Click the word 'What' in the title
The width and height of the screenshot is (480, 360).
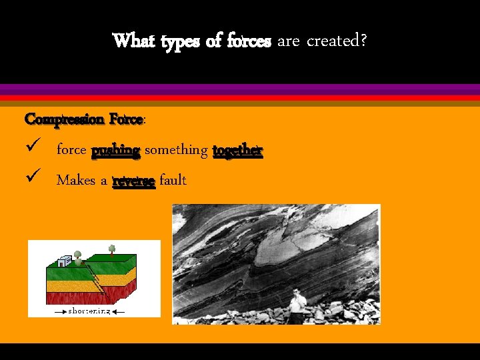click(x=133, y=41)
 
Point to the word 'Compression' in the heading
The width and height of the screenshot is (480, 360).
click(x=64, y=120)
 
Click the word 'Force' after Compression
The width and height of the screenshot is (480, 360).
click(x=125, y=119)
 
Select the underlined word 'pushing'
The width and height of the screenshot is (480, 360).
click(x=115, y=150)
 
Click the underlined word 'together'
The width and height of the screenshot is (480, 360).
click(x=238, y=150)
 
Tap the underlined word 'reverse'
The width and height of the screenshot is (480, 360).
click(x=134, y=181)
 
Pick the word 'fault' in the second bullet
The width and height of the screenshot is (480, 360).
click(x=173, y=180)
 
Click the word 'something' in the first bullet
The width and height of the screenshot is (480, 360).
click(x=176, y=151)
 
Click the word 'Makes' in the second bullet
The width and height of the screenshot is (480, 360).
click(x=75, y=180)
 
